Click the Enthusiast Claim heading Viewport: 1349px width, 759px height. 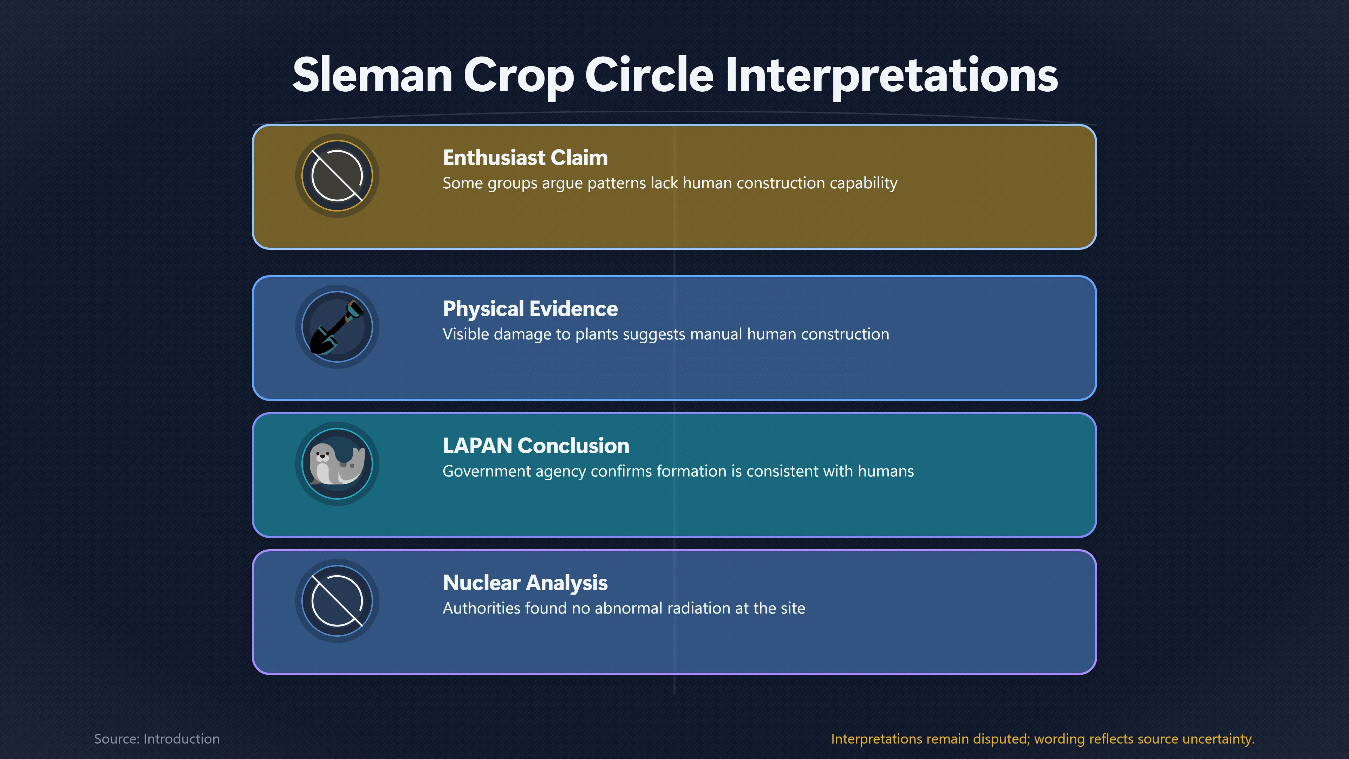click(525, 158)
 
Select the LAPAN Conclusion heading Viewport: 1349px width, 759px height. click(536, 446)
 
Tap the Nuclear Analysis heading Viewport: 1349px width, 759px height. click(525, 583)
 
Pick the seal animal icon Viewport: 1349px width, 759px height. click(337, 463)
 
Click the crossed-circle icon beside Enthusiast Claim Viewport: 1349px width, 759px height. click(337, 175)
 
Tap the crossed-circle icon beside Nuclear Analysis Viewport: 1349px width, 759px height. click(337, 601)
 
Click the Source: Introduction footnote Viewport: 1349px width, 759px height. click(157, 739)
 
